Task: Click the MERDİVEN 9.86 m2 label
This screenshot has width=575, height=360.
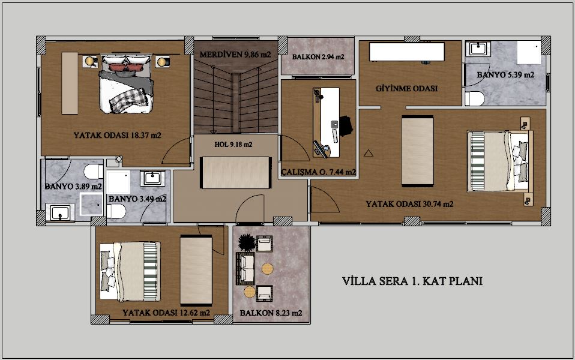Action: pyautogui.click(x=235, y=55)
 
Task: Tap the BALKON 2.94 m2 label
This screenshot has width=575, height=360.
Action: pyautogui.click(x=318, y=57)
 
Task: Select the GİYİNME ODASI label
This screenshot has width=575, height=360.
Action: pyautogui.click(x=407, y=88)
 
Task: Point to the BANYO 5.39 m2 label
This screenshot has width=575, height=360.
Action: pyautogui.click(x=505, y=75)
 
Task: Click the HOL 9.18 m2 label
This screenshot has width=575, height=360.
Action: pyautogui.click(x=233, y=145)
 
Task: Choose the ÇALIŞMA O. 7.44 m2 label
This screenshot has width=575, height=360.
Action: pyautogui.click(x=318, y=172)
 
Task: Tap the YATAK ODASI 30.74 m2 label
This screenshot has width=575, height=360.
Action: pyautogui.click(x=409, y=204)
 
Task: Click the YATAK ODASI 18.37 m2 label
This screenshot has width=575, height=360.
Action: pyautogui.click(x=118, y=135)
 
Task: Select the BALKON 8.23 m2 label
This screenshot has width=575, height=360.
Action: pyautogui.click(x=271, y=313)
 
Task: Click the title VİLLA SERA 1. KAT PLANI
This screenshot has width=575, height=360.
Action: pyautogui.click(x=412, y=281)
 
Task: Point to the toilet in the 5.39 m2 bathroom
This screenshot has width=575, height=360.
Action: pyautogui.click(x=475, y=98)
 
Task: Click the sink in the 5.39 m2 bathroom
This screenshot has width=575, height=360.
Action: pyautogui.click(x=478, y=49)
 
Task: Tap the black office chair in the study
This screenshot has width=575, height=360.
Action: pyautogui.click(x=346, y=126)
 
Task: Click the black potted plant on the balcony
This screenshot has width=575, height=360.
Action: pyautogui.click(x=247, y=242)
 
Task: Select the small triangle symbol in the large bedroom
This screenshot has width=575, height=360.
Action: pyautogui.click(x=369, y=153)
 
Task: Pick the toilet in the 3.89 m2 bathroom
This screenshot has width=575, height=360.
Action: pyautogui.click(x=94, y=172)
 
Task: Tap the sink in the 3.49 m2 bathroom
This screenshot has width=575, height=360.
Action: pyautogui.click(x=152, y=179)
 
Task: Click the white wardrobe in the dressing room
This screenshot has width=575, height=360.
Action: pyautogui.click(x=407, y=52)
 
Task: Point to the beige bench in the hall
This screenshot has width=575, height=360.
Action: pyautogui.click(x=235, y=173)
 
